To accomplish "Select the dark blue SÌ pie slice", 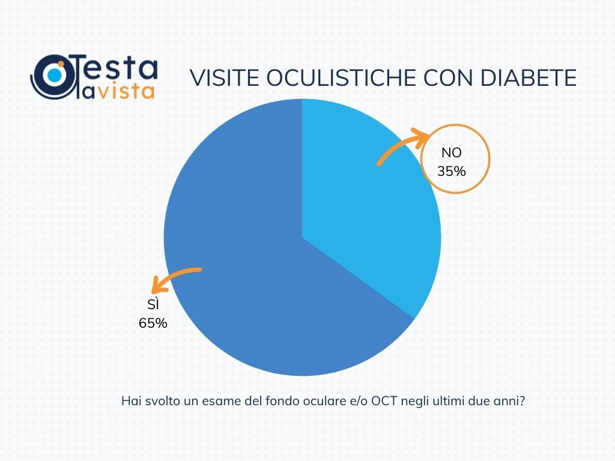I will [252, 270].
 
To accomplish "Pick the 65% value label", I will [153, 323].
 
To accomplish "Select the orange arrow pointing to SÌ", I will [177, 277].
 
